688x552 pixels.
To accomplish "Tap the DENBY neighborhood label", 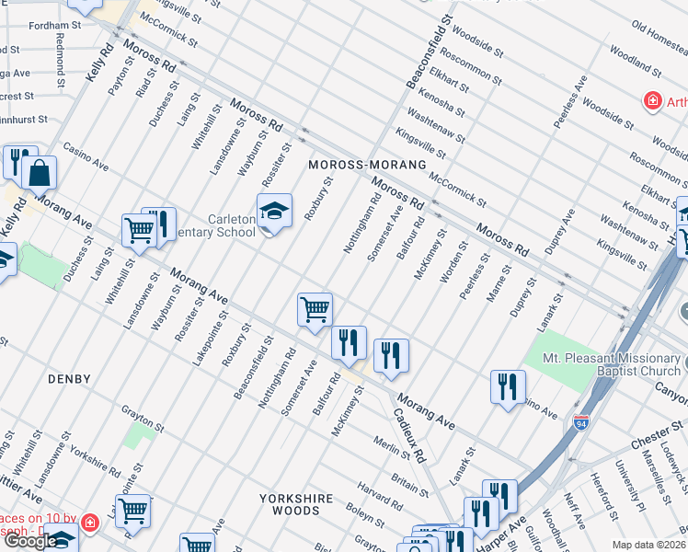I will pos(70,379).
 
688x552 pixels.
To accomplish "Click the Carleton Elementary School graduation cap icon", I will pos(274,212).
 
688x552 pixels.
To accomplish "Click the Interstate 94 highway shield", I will pos(581,423).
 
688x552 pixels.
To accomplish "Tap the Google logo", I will pos(29,541).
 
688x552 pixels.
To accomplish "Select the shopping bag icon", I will pos(40,172).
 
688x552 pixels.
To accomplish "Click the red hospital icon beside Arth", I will pos(652,101).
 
